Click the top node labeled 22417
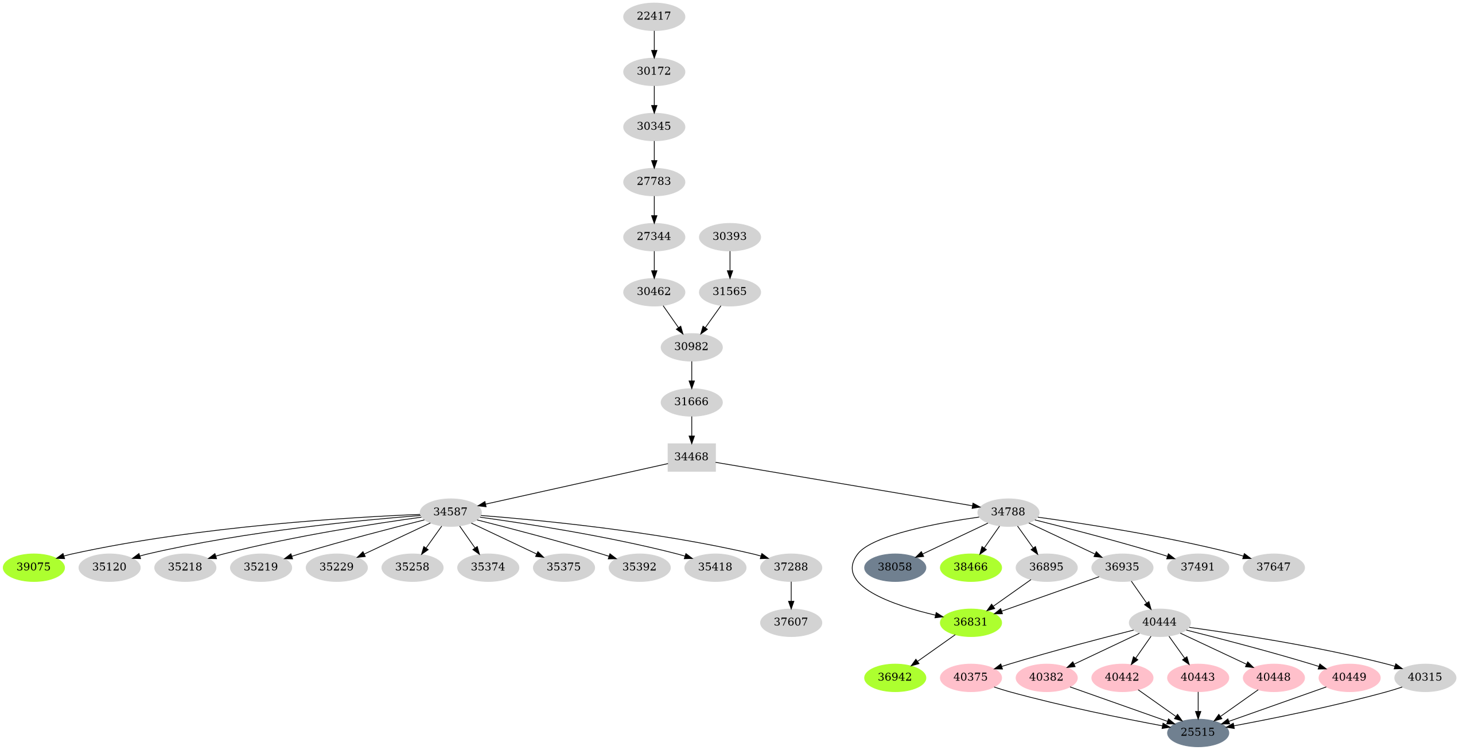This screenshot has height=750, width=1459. point(653,16)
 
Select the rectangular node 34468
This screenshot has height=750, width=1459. point(691,457)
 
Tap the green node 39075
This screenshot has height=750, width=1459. point(33,567)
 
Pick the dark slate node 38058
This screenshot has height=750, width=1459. point(894,567)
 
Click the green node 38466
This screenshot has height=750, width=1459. point(970,567)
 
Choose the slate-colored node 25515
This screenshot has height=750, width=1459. point(1197,732)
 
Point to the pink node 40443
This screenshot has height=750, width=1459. point(1197,677)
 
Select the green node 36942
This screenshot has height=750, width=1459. point(894,677)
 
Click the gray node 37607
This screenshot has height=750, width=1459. point(791,622)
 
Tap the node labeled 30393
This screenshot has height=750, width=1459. point(729,236)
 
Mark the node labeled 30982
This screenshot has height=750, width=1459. point(691,347)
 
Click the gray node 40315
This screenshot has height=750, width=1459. point(1425,677)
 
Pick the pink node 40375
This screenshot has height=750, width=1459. point(970,677)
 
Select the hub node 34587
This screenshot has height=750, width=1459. point(450,512)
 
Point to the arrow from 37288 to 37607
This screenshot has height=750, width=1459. point(791,594)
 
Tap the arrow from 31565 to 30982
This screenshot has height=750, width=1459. point(711,319)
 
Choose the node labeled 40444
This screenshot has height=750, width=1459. point(1159,622)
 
